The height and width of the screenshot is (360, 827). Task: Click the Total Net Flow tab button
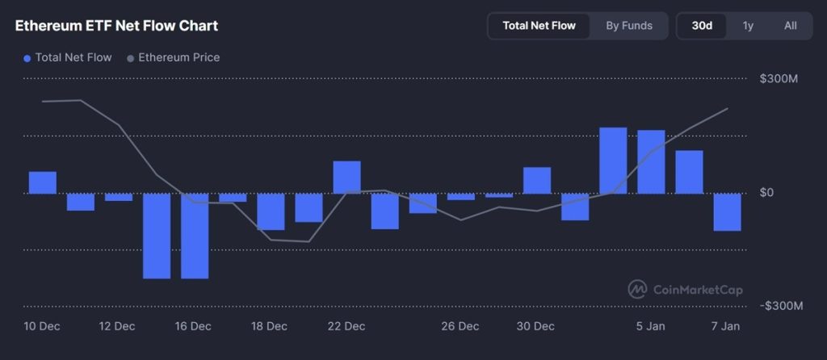[x=539, y=26]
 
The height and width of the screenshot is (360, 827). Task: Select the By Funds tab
[x=629, y=26]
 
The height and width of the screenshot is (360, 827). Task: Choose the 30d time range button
[x=702, y=26]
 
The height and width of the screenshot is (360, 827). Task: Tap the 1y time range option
[x=748, y=26]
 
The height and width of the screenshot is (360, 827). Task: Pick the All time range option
[x=790, y=26]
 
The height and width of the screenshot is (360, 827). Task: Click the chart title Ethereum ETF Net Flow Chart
[x=116, y=26]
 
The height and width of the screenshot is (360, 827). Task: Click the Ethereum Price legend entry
[x=178, y=58]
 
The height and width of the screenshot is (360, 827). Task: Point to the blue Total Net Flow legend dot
[x=27, y=58]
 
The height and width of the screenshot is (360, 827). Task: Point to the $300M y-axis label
[x=779, y=79]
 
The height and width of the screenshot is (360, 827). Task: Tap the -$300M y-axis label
[x=780, y=307]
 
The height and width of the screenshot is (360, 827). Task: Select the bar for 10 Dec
[x=43, y=182]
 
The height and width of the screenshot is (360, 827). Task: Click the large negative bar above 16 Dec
[x=195, y=236]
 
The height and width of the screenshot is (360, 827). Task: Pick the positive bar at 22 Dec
[x=346, y=178]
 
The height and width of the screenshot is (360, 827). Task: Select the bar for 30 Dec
[x=537, y=181]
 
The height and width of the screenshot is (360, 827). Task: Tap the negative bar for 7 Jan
[x=727, y=212]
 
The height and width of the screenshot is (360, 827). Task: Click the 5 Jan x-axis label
[x=651, y=327]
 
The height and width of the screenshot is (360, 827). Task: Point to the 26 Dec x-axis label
[x=460, y=327]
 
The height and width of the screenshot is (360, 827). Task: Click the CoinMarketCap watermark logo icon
[x=637, y=289]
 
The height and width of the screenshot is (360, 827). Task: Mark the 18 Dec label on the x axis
[x=270, y=327]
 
